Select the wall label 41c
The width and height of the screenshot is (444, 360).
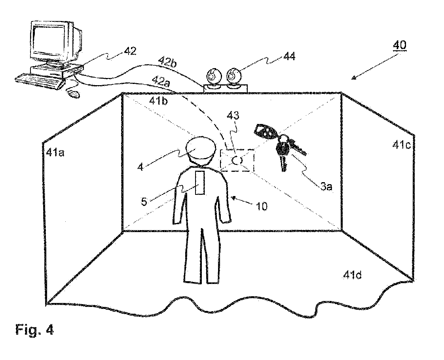[x=400, y=145]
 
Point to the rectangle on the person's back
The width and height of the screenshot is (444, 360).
[x=200, y=183]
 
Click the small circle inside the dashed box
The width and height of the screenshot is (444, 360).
[x=237, y=160]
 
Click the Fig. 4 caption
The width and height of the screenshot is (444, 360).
[x=34, y=329]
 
